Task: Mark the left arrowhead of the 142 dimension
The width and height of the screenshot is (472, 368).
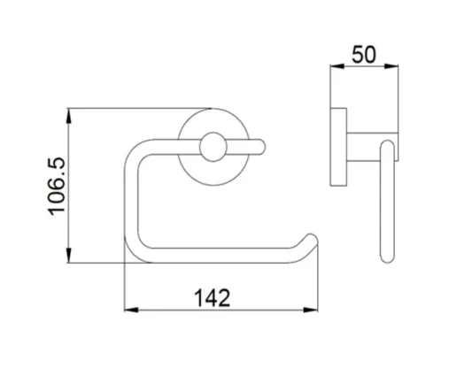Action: tap(128, 310)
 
